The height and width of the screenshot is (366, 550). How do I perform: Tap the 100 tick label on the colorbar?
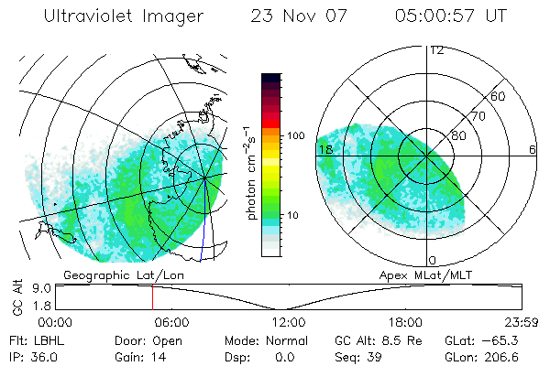pyautogui.click(x=295, y=135)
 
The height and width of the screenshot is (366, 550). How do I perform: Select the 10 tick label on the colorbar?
pyautogui.click(x=292, y=216)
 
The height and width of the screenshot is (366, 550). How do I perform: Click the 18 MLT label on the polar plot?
pyautogui.click(x=324, y=148)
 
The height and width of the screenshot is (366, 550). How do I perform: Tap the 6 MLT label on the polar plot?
pyautogui.click(x=533, y=148)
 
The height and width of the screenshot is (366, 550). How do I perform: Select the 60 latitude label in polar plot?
pyautogui.click(x=499, y=96)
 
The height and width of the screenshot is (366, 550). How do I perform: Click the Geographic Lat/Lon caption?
pyautogui.click(x=109, y=274)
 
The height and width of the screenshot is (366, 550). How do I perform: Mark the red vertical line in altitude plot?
pyautogui.click(x=152, y=296)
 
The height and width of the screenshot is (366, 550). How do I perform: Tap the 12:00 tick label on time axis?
pyautogui.click(x=288, y=322)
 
